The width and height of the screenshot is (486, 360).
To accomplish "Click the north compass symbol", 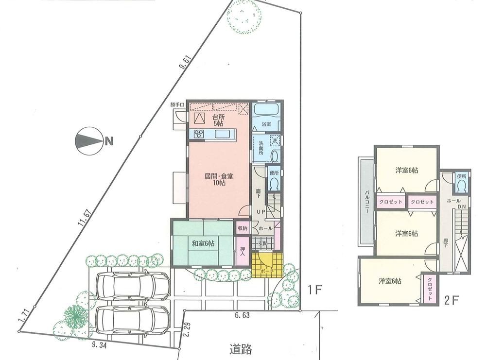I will (x=88, y=141).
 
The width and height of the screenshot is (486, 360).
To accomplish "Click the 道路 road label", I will (x=242, y=349).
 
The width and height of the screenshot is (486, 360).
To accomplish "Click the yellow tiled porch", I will (x=267, y=265).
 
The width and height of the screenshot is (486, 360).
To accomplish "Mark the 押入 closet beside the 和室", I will (x=243, y=251).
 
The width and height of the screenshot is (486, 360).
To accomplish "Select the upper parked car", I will (x=132, y=287).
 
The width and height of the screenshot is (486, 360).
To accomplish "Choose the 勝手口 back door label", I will (x=177, y=105).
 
